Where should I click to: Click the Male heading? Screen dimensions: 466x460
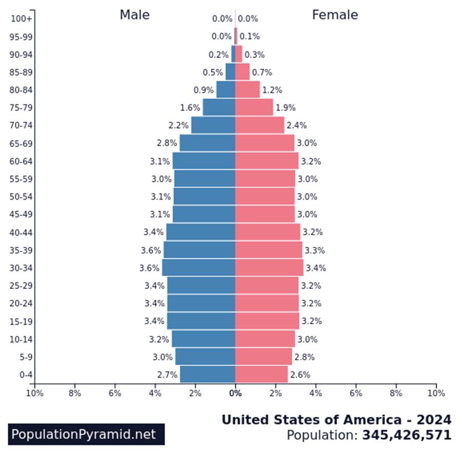point(135,15)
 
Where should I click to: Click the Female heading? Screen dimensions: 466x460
point(335,15)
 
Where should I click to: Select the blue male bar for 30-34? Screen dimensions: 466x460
point(199,268)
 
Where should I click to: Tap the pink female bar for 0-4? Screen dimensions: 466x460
point(261,375)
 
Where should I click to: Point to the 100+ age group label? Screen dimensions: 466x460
point(22,19)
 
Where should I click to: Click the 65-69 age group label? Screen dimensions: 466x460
point(22,144)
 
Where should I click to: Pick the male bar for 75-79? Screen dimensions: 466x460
point(219,108)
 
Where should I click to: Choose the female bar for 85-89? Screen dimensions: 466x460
point(242,72)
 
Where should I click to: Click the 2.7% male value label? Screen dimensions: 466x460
point(167,375)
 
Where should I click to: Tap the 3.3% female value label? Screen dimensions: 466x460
point(315,250)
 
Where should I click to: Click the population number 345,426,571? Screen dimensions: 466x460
point(407,436)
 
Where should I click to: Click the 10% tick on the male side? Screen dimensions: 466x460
point(34,394)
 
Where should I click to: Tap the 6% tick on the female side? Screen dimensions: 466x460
point(356,394)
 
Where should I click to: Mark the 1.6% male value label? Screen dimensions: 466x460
point(190,108)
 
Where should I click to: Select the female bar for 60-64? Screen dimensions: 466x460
point(266,161)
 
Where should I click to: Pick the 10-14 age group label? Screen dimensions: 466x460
point(22,339)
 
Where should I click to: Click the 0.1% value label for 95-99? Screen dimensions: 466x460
point(249,36)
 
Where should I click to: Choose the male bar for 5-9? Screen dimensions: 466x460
point(205,357)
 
